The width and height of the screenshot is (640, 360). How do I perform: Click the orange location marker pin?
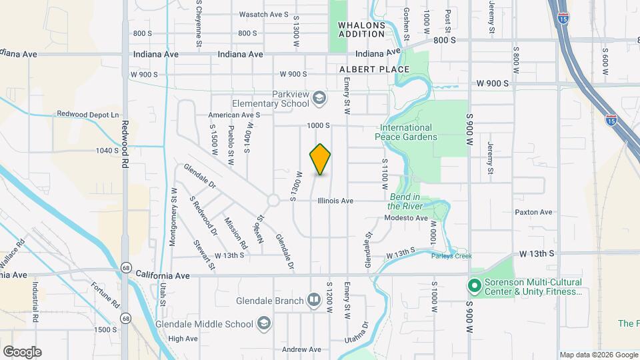[320, 159]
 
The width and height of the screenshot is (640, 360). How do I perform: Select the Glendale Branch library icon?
[314, 301]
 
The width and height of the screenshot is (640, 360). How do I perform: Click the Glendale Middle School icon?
[265, 324]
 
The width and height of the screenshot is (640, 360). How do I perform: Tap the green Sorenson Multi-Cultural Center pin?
[474, 286]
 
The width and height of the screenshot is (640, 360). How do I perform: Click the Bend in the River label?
[405, 201]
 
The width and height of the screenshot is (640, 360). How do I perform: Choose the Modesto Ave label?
[407, 218]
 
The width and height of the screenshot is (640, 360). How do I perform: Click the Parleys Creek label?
[451, 256]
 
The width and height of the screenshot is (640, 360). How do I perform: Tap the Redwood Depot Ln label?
[87, 114]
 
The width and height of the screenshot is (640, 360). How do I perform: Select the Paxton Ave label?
[533, 212]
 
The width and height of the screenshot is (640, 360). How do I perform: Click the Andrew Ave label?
[301, 349]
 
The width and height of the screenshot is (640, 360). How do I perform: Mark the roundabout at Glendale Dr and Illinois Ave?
[273, 200]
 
